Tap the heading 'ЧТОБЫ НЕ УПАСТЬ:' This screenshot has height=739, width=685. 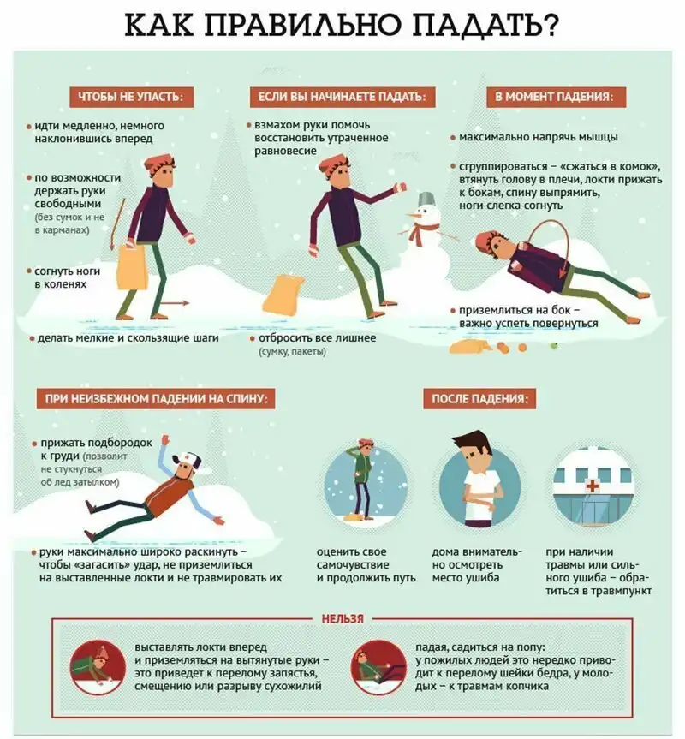point(129,97)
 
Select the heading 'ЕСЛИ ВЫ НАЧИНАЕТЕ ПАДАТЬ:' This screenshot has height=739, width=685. point(342,97)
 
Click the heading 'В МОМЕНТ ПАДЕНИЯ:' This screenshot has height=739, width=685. point(555,97)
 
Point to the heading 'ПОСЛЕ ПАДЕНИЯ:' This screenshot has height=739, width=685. point(479,399)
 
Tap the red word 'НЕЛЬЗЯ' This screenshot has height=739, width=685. point(342,619)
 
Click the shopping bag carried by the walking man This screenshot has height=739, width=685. point(132,267)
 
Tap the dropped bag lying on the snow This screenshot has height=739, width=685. point(283,295)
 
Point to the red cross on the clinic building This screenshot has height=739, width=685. point(592,486)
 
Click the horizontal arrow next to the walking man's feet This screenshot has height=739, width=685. point(176,303)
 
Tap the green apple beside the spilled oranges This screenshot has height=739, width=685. point(554,345)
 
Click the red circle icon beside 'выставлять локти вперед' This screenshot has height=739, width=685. point(98,668)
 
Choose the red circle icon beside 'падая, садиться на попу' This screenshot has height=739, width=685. point(378,668)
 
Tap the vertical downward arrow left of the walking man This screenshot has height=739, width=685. point(118,223)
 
